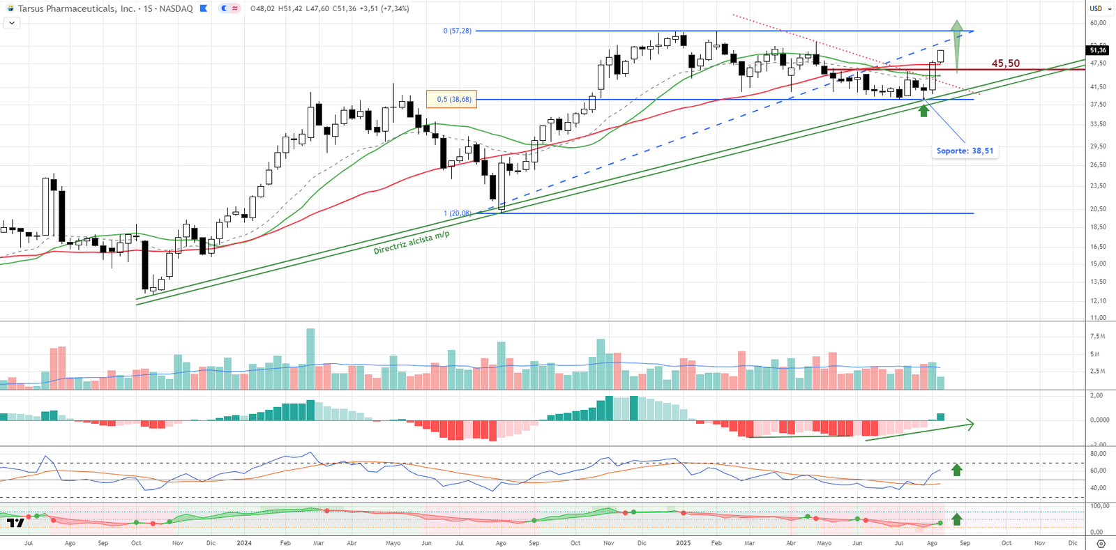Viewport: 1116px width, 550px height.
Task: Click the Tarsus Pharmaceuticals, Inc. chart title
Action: pos(77,8)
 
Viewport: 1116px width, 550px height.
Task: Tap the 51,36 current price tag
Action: pos(1098,50)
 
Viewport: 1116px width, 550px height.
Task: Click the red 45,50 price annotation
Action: pos(1005,63)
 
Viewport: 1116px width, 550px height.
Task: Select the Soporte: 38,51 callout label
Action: pos(965,151)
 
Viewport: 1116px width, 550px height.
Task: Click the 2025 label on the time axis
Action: pos(683,543)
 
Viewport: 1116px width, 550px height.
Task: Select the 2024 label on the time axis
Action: pos(244,543)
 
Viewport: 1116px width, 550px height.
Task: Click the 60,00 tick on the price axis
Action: pos(1098,23)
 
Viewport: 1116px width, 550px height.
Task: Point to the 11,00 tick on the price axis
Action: pos(1098,318)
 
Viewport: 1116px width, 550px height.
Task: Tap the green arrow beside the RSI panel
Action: pos(957,470)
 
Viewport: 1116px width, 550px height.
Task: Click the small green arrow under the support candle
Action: pos(924,110)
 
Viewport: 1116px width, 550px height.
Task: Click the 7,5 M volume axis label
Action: pos(1097,337)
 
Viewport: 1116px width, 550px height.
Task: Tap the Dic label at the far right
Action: pos(1073,543)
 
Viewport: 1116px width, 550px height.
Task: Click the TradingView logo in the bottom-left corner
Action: pos(15,522)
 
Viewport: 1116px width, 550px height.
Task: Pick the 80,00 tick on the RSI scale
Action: pos(1098,454)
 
